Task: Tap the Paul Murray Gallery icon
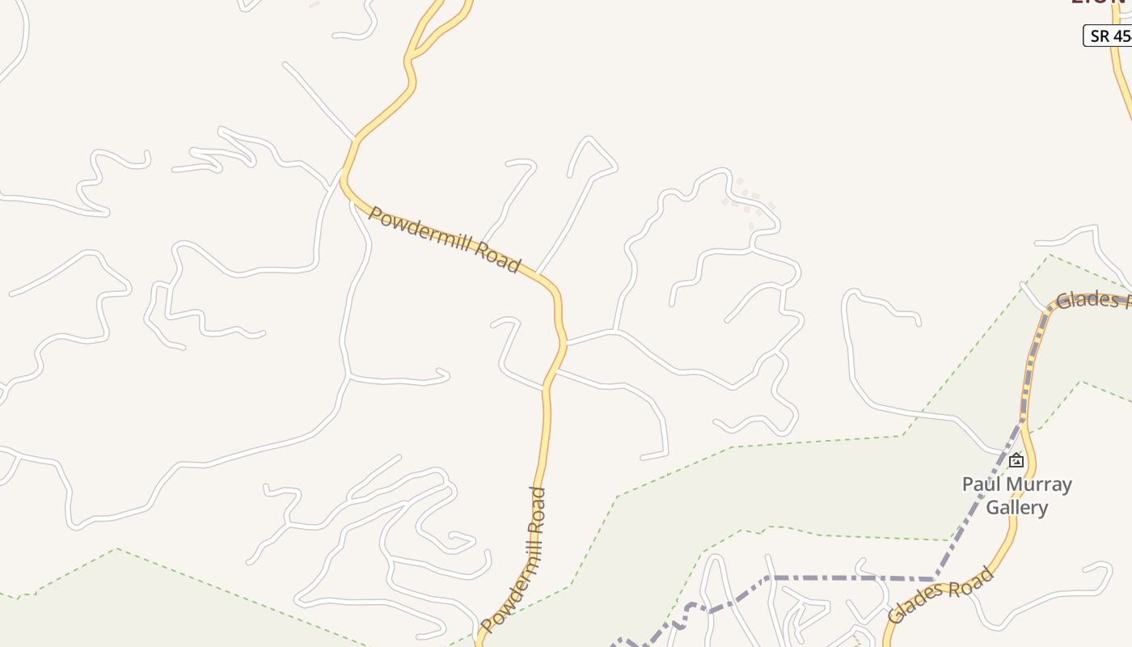(x=1016, y=461)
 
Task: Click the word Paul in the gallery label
(x=978, y=484)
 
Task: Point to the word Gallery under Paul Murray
(x=1017, y=508)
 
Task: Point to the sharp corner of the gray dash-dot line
(x=936, y=579)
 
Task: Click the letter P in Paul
(x=967, y=484)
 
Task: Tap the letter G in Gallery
(x=994, y=508)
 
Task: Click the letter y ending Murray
(x=1067, y=486)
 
